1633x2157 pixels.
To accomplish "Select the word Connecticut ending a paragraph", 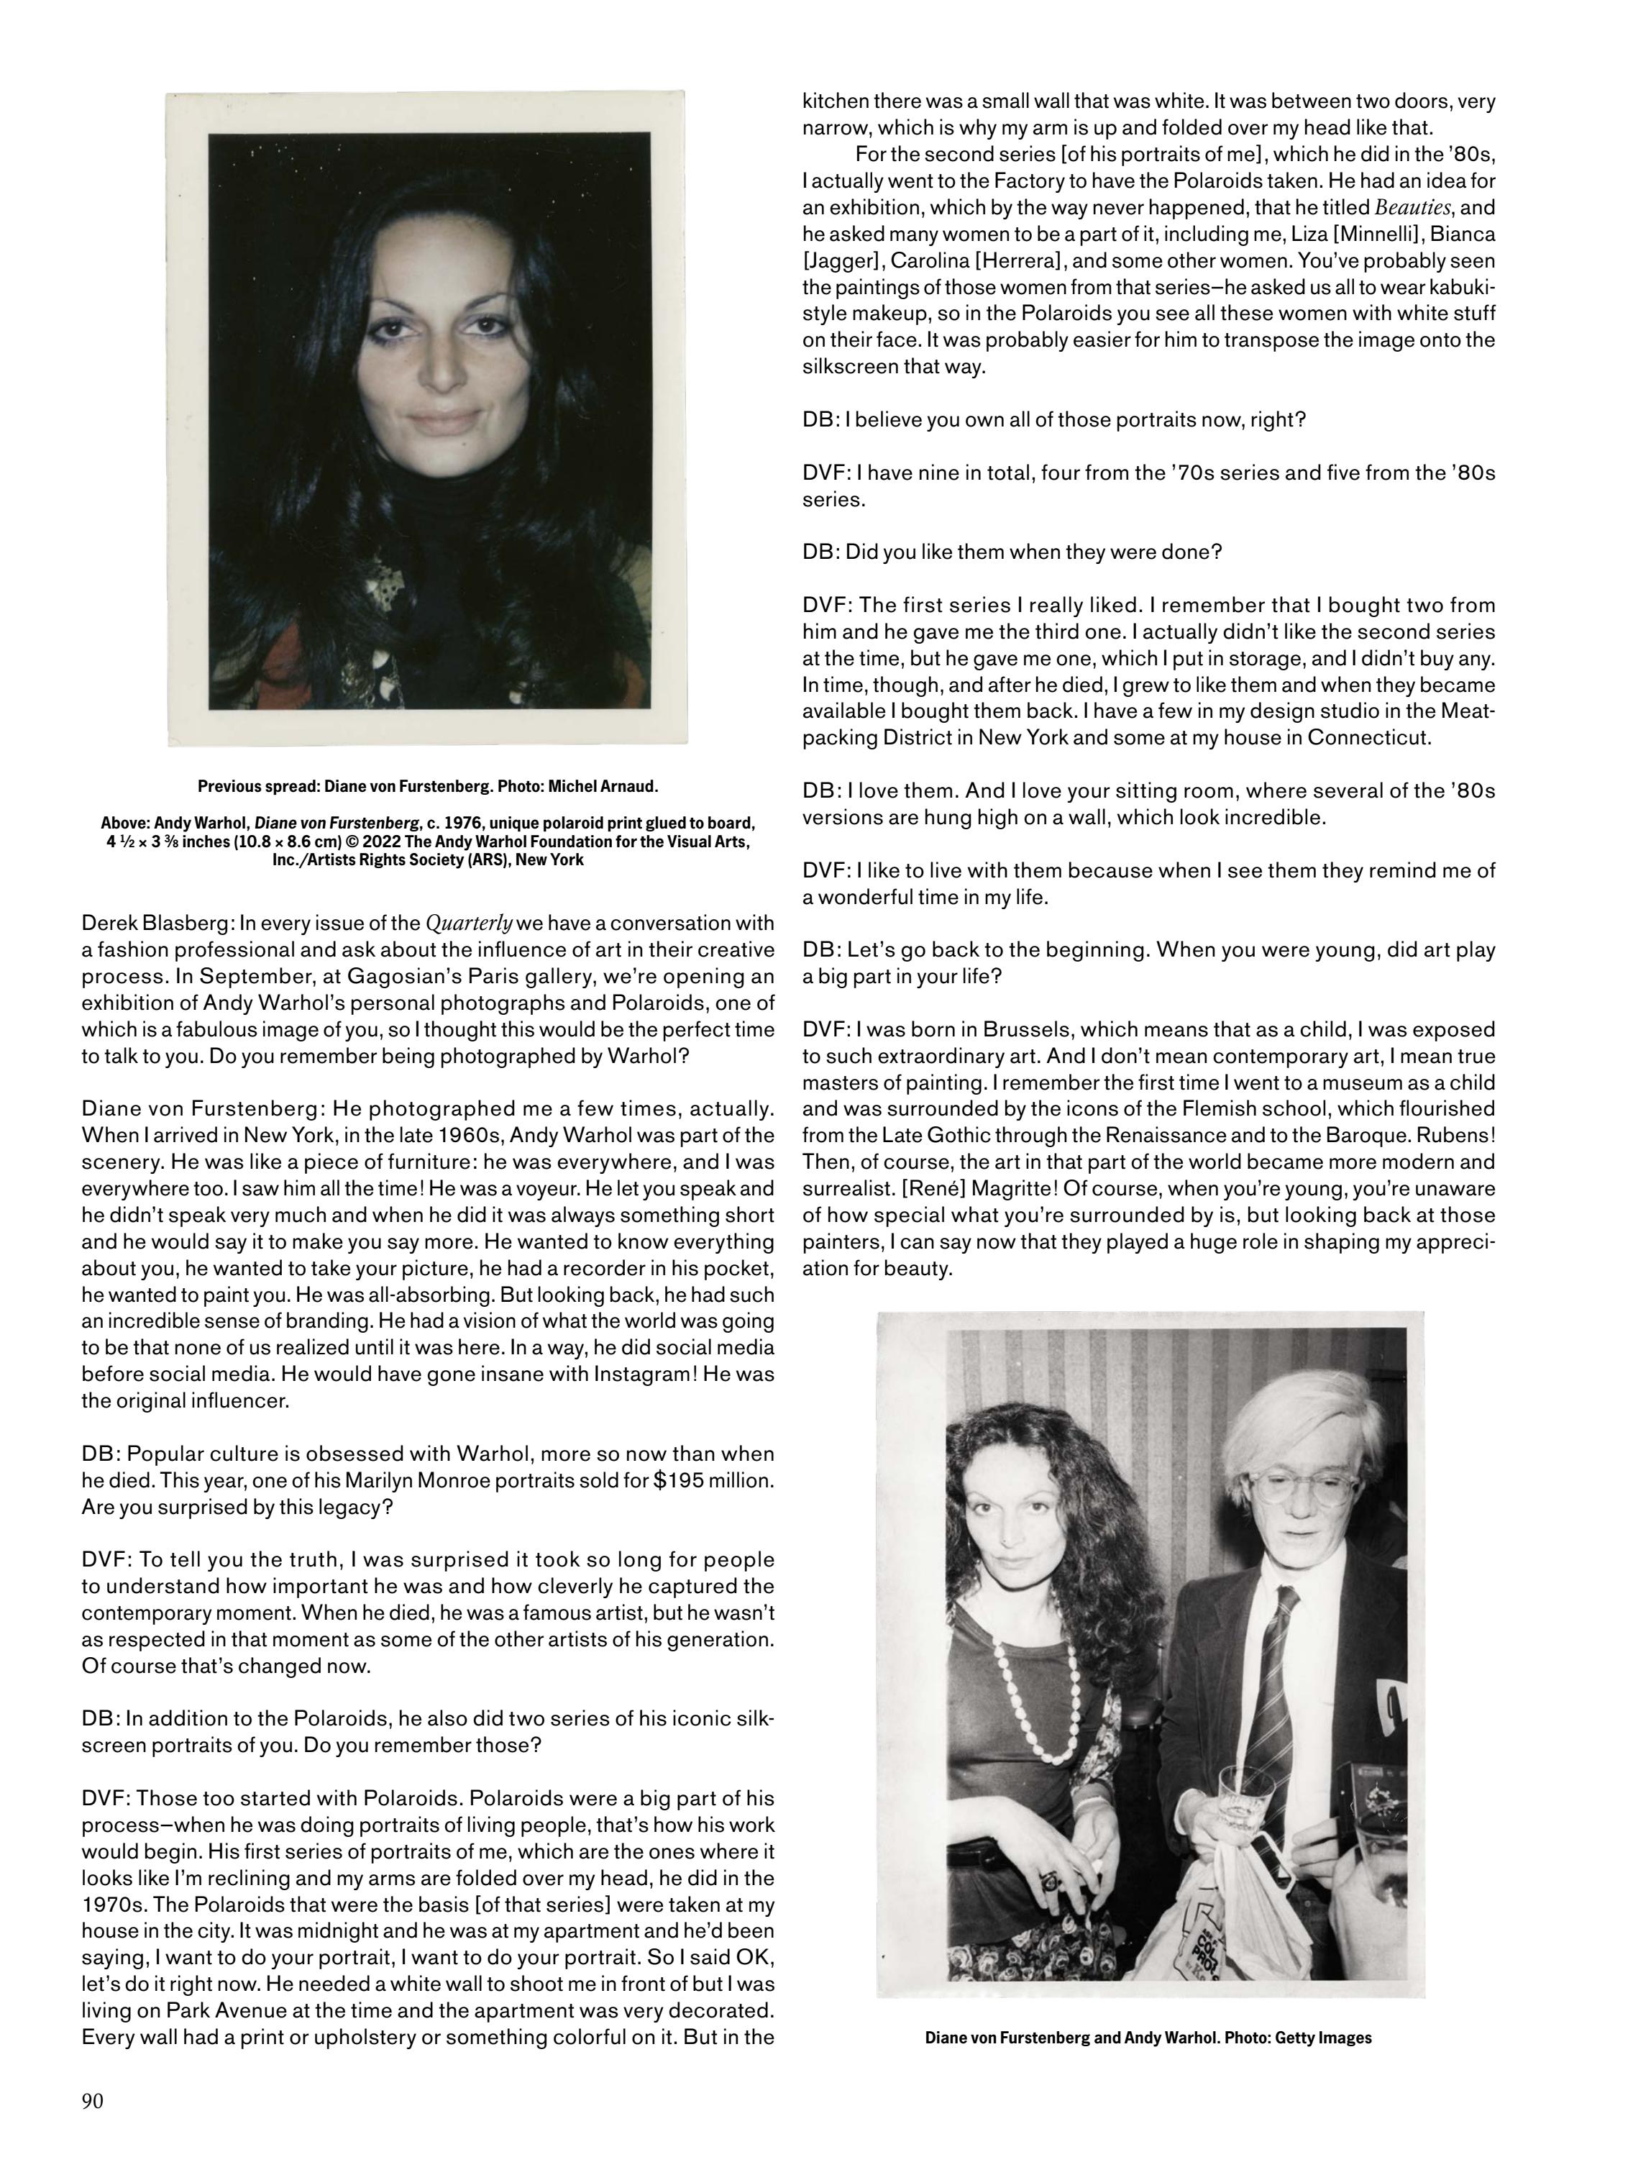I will click(x=1369, y=737).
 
